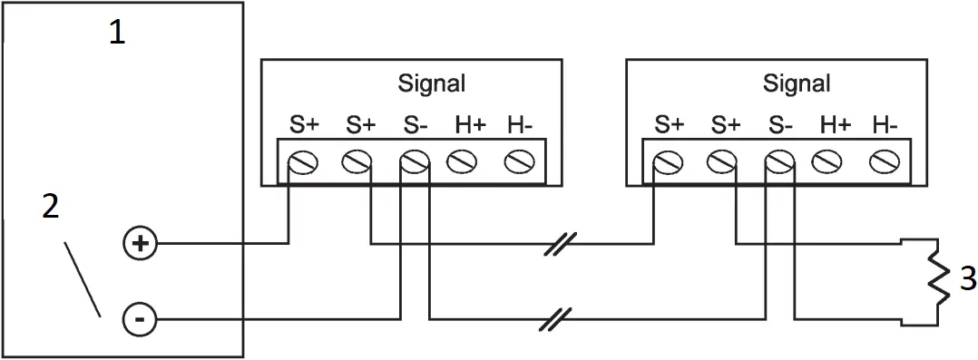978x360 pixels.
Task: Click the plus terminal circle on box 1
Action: (x=140, y=244)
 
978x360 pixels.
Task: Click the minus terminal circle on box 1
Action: (x=140, y=319)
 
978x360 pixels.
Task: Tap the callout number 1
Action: (x=117, y=33)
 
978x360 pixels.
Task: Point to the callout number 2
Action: (x=52, y=207)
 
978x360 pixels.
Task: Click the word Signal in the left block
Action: (x=431, y=83)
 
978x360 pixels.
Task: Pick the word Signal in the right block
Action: (x=796, y=83)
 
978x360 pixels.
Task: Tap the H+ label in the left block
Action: (x=469, y=125)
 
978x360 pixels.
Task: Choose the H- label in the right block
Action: (x=885, y=125)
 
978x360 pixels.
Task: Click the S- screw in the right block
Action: (x=778, y=162)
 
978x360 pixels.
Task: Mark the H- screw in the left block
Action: (x=517, y=162)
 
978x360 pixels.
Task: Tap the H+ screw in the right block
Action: (x=829, y=162)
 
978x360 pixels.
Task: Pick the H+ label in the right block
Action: (x=834, y=125)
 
